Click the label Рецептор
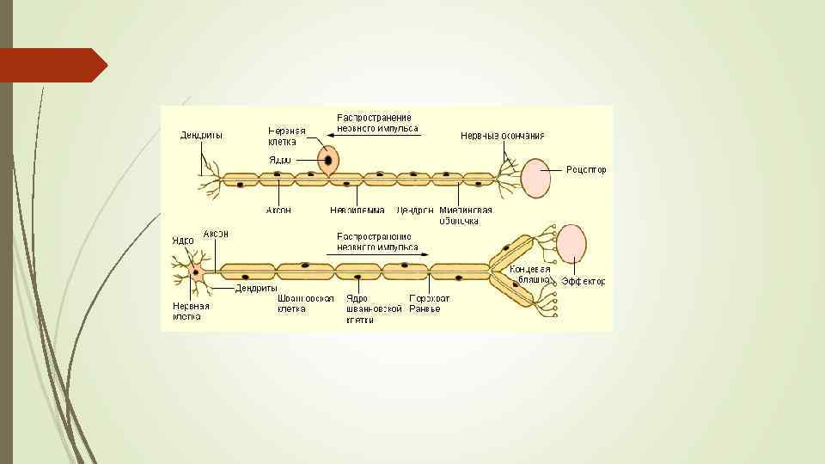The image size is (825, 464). click(x=586, y=169)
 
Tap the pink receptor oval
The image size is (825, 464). click(x=536, y=178)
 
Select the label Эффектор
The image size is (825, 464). click(x=584, y=281)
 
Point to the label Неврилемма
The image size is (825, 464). click(x=357, y=209)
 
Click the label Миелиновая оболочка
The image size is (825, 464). click(x=465, y=214)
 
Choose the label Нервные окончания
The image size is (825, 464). click(x=502, y=136)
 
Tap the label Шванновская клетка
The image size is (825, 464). click(x=305, y=303)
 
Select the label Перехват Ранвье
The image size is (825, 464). click(x=429, y=303)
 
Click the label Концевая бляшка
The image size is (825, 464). click(x=529, y=274)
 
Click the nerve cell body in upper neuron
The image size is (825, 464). click(x=328, y=160)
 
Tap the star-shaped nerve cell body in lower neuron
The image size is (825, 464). click(x=197, y=272)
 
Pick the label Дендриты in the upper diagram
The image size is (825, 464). click(x=202, y=136)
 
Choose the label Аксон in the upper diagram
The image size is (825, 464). click(x=278, y=209)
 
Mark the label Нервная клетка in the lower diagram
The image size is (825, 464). click(x=191, y=310)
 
